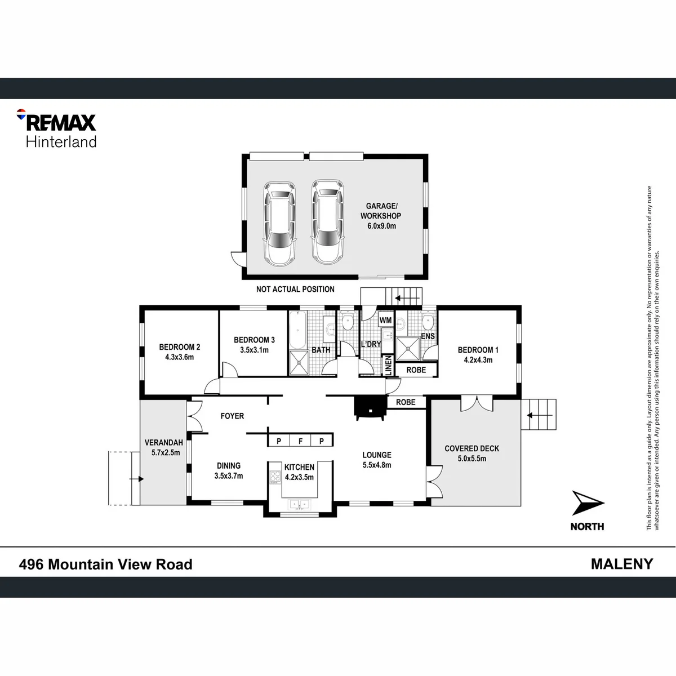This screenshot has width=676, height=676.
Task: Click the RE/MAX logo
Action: click(56, 128)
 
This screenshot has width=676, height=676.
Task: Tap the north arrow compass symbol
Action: click(588, 502)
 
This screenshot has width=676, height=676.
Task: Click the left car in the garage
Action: click(279, 224)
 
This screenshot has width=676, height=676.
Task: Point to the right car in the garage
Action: click(328, 222)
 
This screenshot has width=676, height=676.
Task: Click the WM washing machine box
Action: click(385, 320)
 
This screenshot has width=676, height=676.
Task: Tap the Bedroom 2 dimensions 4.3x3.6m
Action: click(179, 357)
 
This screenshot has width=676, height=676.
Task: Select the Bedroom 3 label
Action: click(254, 340)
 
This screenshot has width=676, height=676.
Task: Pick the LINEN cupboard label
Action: click(388, 365)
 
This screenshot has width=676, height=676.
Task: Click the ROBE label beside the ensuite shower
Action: click(416, 370)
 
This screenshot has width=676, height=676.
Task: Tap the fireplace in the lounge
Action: click(369, 408)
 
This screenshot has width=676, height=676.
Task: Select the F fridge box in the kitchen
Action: click(300, 441)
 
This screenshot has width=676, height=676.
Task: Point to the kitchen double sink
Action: click(299, 504)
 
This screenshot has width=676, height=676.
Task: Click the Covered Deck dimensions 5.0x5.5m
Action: click(472, 459)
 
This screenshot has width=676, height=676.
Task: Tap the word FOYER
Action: click(232, 416)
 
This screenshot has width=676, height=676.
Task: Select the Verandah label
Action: click(164, 443)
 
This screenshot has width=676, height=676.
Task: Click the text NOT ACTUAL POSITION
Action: click(295, 289)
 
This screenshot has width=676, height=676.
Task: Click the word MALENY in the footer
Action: click(622, 564)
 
